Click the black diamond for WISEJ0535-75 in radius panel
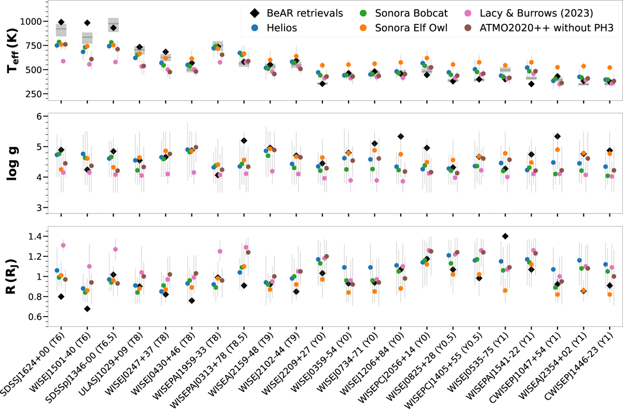tap(505, 236)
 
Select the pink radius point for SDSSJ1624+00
tap(63, 245)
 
